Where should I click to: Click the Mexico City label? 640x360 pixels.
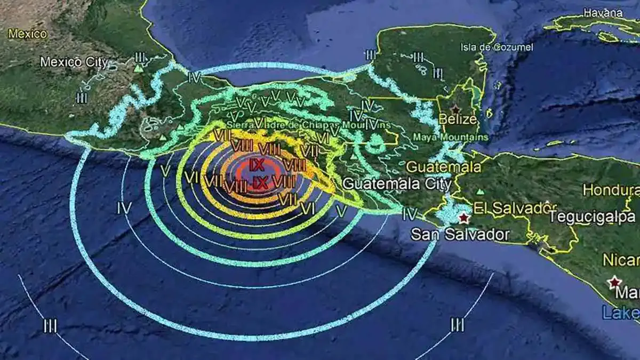tap(74, 62)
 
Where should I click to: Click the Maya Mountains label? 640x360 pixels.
tap(451, 137)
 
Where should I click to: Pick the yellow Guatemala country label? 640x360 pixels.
tap(443, 167)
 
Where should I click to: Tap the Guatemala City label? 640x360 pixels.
tap(397, 184)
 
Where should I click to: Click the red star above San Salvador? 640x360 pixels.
tap(464, 218)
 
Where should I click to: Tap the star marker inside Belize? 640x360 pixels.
tap(455, 108)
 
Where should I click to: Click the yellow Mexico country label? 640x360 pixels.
tap(27, 34)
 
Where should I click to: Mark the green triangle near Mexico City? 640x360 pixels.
tap(139, 69)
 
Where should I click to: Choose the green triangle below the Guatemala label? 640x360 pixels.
tap(481, 191)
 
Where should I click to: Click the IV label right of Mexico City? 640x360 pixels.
tap(195, 78)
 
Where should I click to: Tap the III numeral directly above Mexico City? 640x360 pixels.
tap(140, 56)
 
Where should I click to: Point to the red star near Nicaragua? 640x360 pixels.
tap(615, 281)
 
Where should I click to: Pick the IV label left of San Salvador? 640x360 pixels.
tap(410, 214)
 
